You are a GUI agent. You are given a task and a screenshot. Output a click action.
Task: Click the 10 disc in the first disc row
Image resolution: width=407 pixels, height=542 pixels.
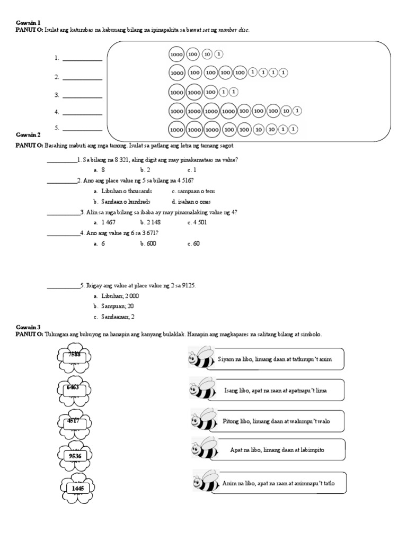click(x=207, y=54)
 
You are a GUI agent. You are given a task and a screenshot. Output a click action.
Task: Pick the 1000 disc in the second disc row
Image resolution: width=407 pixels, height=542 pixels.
click(x=176, y=73)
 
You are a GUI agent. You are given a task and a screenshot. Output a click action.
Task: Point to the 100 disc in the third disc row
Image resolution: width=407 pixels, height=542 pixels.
click(x=210, y=92)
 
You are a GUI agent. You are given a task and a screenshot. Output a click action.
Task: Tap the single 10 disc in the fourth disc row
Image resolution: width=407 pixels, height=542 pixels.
click(x=286, y=111)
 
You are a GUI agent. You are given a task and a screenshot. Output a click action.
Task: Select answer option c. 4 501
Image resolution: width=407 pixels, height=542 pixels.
click(x=197, y=223)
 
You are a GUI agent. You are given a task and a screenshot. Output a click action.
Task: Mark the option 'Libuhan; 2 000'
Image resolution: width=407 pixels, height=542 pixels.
click(x=116, y=296)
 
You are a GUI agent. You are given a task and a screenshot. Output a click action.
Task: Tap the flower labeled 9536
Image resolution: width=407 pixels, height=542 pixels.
click(x=74, y=455)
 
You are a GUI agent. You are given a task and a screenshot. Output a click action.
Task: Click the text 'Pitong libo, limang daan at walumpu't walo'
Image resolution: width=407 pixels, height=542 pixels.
click(x=273, y=420)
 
